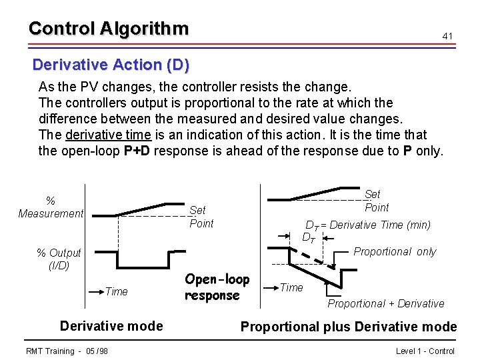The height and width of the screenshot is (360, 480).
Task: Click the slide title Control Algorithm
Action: pos(109,29)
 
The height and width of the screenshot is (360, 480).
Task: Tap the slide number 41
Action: pos(447,35)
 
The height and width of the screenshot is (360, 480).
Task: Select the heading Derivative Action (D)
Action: pos(111,65)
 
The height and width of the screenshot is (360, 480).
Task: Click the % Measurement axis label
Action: pos(51,207)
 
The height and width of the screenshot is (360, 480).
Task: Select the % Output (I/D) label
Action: pos(59,259)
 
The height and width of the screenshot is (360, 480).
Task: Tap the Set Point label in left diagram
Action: pos(201,217)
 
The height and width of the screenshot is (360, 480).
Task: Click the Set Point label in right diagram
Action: pos(375,201)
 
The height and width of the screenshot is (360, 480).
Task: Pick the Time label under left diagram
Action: pos(116,291)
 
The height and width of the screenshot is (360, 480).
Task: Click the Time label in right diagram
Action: pos(291,287)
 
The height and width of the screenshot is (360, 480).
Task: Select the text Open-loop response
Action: pos(217,287)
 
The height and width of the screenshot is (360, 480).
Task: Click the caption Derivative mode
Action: pos(111,325)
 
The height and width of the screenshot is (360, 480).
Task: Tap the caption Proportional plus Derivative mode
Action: pos(349,327)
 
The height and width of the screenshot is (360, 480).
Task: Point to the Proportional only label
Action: pos(395,251)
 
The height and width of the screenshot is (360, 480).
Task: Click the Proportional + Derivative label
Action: pos(385,303)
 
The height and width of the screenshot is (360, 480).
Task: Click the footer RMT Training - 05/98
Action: pos(67,351)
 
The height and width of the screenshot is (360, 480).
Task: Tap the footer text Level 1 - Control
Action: pos(425,351)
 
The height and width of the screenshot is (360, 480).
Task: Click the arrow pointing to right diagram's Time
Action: pos(268,287)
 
